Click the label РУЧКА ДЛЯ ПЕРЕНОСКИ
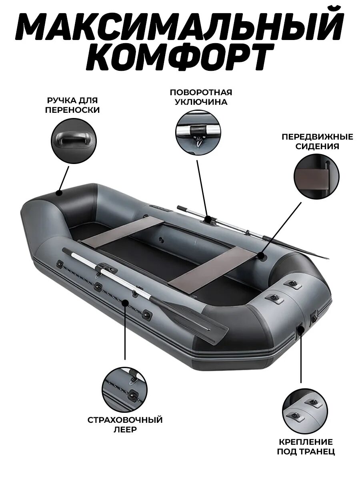(x=72, y=105)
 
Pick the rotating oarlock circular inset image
(x=198, y=133)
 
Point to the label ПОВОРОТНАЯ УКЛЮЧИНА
(x=201, y=97)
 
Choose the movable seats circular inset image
(x=316, y=176)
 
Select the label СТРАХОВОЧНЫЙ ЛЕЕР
(x=125, y=425)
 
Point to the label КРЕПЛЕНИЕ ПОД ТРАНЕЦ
(x=306, y=447)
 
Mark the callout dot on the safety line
(x=125, y=303)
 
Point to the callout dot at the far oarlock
(x=208, y=219)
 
